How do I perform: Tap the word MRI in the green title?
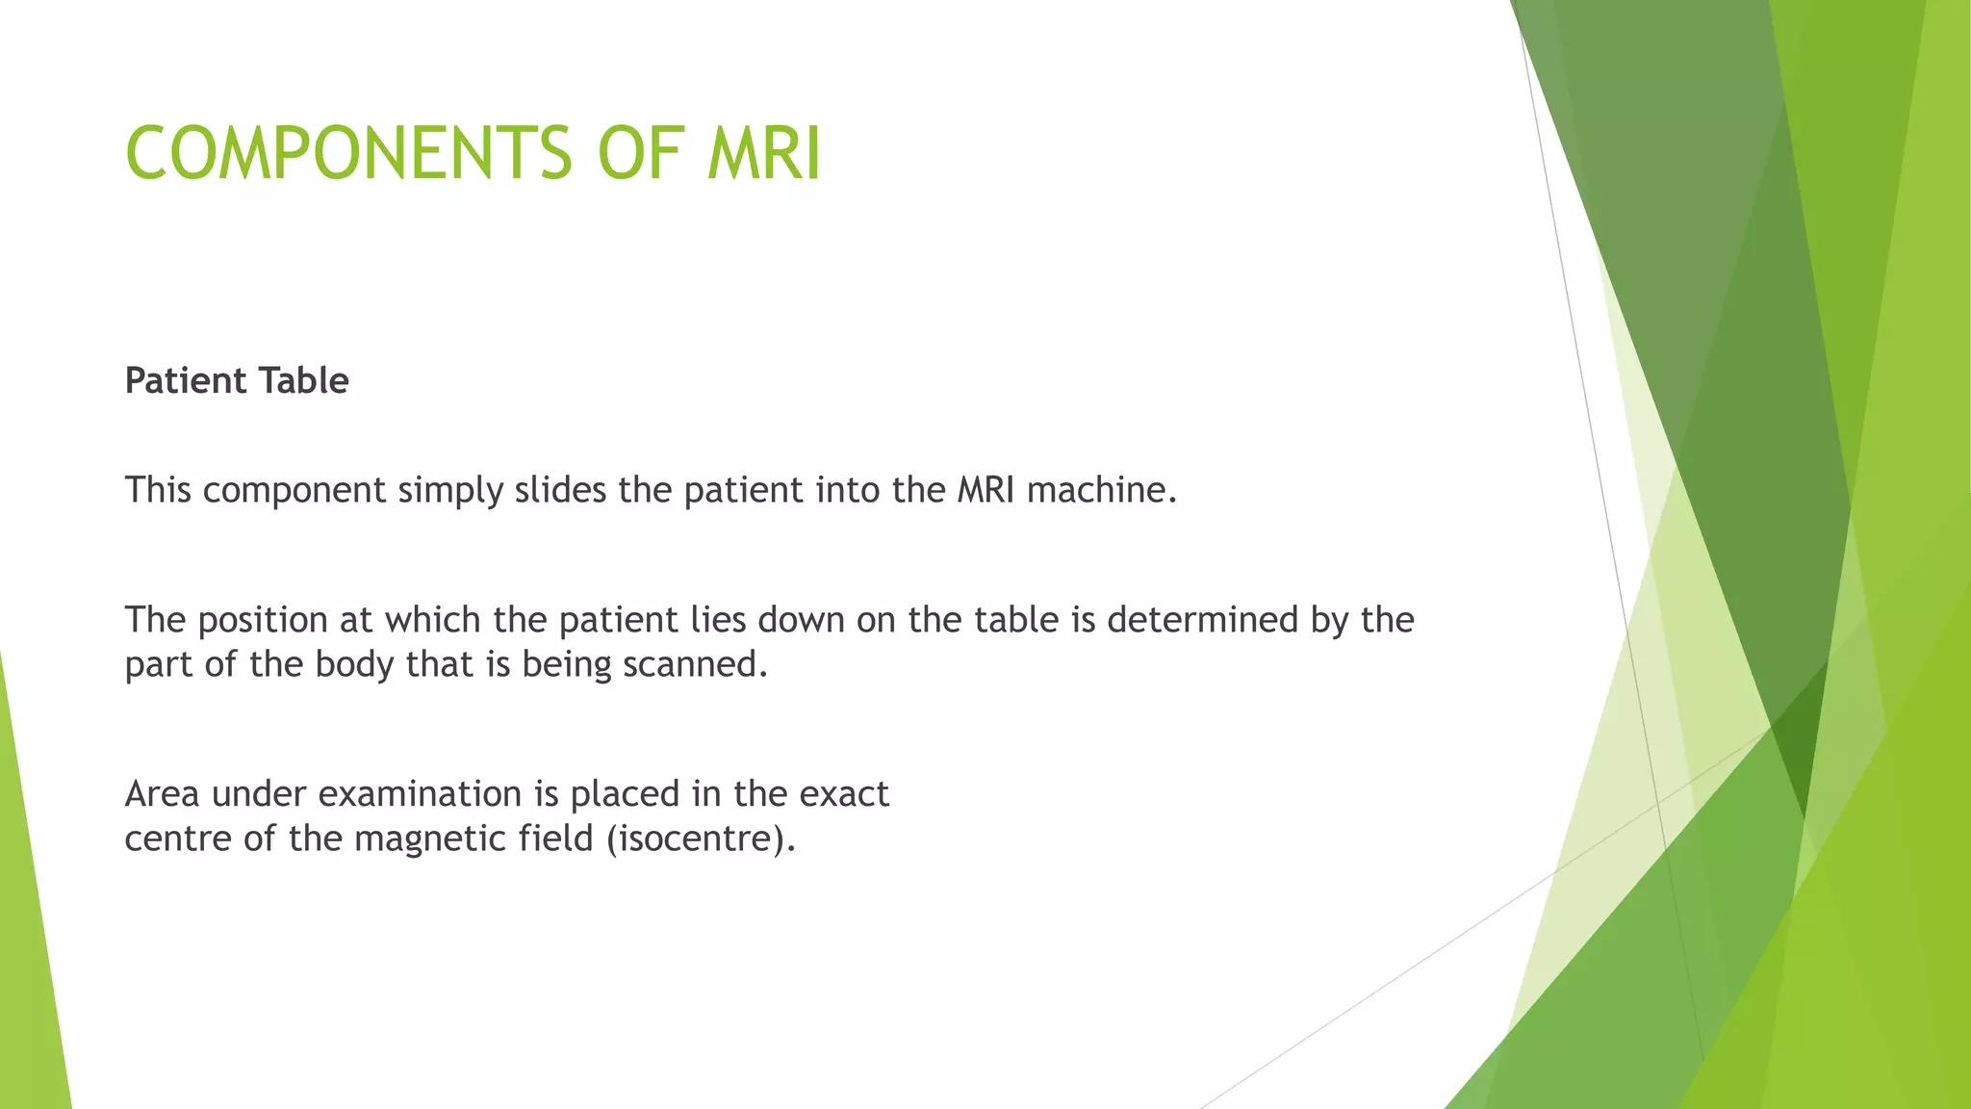(x=764, y=154)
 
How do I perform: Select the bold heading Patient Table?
(x=237, y=381)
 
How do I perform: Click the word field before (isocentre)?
(x=555, y=838)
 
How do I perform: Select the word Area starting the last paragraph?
(x=162, y=794)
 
